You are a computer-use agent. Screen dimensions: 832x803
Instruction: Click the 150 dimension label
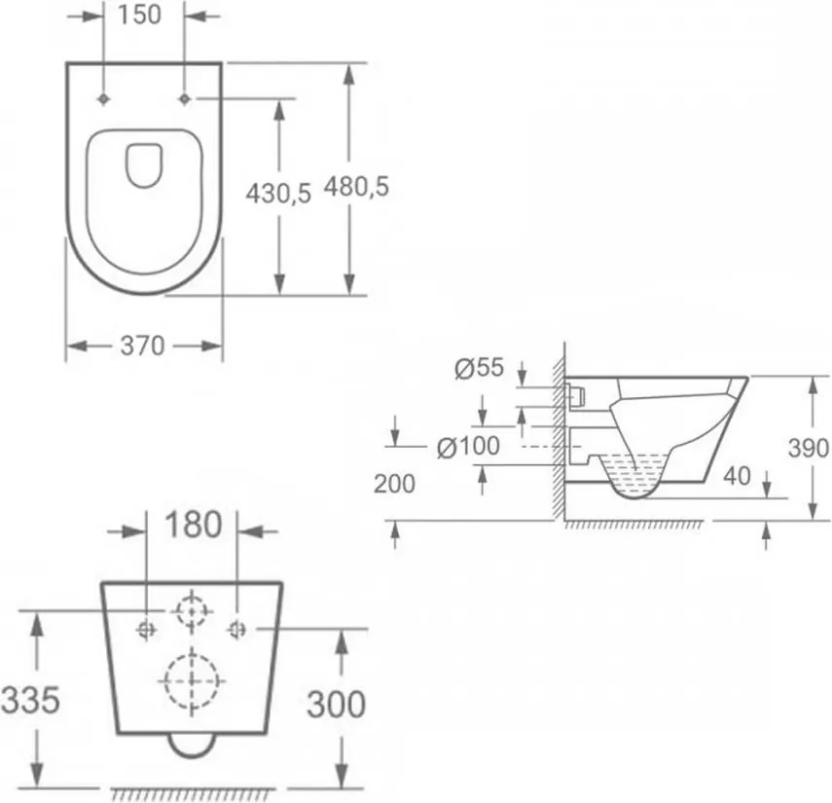click(139, 15)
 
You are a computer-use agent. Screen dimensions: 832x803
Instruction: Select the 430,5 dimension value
click(278, 193)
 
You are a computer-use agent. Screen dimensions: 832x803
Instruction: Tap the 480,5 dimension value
click(356, 186)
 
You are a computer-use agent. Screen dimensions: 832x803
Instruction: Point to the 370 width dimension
click(143, 347)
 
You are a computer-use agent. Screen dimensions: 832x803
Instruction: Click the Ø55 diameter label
click(479, 368)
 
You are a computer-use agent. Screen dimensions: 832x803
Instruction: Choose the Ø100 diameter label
click(468, 447)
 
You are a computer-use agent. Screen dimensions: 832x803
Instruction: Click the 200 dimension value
click(394, 484)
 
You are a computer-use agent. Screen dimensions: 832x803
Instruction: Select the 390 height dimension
click(808, 449)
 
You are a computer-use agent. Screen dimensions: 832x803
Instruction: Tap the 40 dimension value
click(737, 476)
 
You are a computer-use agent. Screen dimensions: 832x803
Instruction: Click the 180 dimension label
click(193, 525)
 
